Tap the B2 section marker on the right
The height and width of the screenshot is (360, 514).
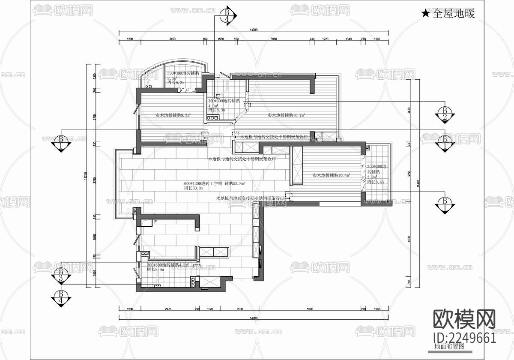pyautogui.click(x=445, y=113)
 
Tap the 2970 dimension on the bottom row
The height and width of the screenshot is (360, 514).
pyautogui.click(x=167, y=309)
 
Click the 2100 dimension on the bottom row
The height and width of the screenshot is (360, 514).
pyautogui.click(x=239, y=309)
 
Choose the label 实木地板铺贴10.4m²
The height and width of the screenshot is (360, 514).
pyautogui.click(x=331, y=175)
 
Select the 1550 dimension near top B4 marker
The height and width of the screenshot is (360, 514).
pyautogui.click(x=221, y=39)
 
